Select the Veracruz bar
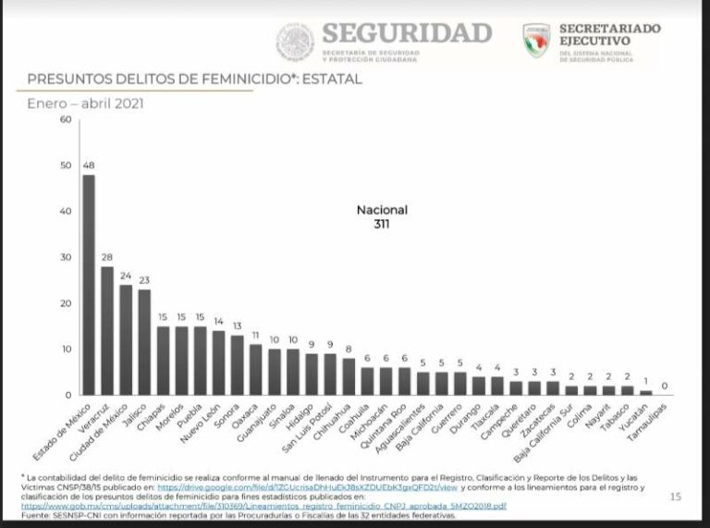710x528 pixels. tap(107, 330)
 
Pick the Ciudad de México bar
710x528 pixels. tap(126, 339)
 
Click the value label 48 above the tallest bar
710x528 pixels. tap(89, 166)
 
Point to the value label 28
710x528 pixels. tap(107, 257)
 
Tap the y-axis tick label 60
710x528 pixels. tap(65, 119)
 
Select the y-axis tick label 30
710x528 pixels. tap(65, 257)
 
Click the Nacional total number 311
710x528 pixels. tap(382, 224)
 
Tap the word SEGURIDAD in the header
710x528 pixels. tap(407, 33)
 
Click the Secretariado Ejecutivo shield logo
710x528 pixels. tap(537, 41)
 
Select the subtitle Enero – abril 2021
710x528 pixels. tap(85, 104)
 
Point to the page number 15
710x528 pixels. tap(675, 497)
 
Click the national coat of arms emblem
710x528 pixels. tap(296, 42)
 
